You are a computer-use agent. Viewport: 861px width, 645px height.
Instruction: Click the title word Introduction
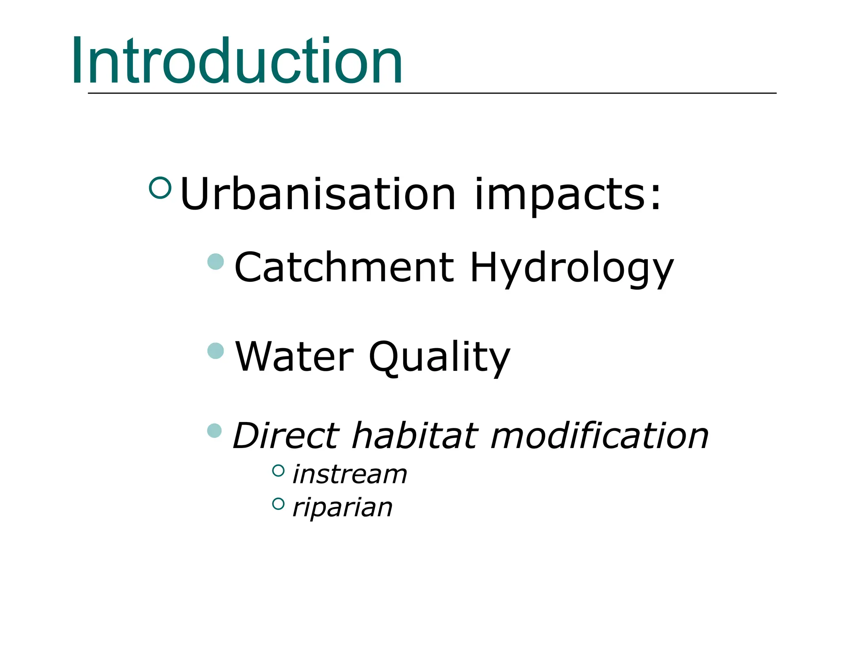(237, 61)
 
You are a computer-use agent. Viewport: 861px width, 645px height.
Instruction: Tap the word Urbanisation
(318, 194)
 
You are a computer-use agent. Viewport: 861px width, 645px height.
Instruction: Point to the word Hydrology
(571, 269)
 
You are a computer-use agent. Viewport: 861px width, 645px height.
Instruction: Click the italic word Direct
(286, 435)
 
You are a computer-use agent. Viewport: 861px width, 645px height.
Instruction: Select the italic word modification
(600, 435)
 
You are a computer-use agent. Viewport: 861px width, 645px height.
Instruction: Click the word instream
(350, 475)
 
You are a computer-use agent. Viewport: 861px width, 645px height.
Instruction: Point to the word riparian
(342, 508)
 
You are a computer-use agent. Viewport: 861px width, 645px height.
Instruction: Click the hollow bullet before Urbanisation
(160, 187)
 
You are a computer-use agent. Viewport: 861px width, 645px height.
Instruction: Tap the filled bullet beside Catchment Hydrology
(216, 262)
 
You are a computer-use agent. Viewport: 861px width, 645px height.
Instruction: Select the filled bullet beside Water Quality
(216, 351)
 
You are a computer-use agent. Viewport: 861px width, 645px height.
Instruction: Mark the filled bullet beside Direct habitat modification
(215, 430)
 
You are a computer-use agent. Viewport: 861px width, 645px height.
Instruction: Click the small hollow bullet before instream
(278, 470)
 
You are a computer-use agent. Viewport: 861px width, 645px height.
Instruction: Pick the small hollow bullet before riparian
(278, 503)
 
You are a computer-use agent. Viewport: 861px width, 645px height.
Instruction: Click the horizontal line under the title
(432, 93)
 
